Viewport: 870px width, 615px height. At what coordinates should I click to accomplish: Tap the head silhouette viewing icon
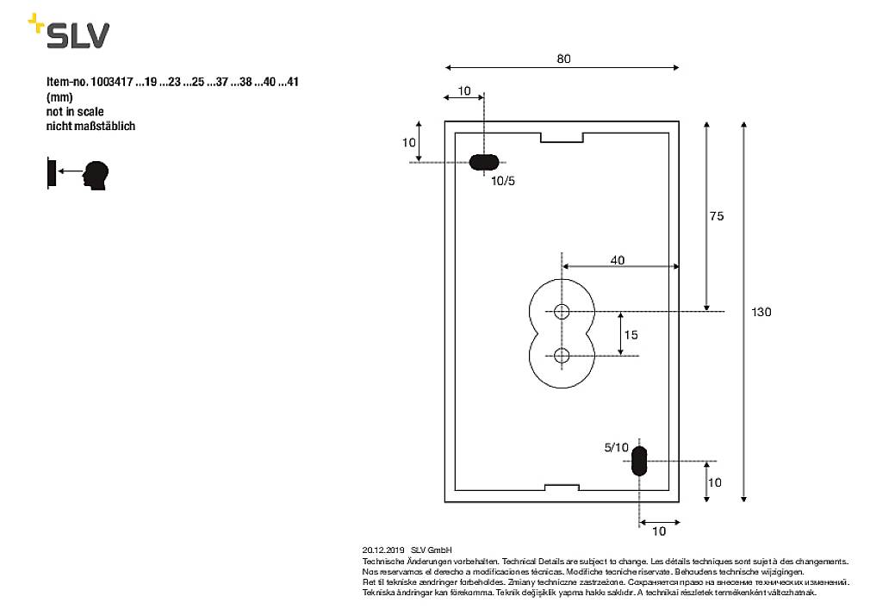click(x=96, y=175)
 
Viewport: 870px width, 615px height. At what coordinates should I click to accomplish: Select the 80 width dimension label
click(x=563, y=59)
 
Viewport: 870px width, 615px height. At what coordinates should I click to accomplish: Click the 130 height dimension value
click(x=761, y=312)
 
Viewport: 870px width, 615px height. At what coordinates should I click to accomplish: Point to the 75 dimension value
click(x=717, y=216)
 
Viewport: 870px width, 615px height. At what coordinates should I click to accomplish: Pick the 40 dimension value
click(x=618, y=259)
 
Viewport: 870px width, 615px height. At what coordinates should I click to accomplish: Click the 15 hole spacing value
click(x=631, y=334)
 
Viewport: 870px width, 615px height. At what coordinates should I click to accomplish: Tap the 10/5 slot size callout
click(x=503, y=181)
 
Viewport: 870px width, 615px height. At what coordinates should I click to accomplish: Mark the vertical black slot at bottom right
click(x=639, y=461)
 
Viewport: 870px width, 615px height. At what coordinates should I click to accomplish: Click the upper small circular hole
click(x=562, y=311)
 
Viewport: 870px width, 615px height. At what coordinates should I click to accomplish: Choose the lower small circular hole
click(x=562, y=355)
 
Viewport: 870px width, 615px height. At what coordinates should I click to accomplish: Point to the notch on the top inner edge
click(x=562, y=137)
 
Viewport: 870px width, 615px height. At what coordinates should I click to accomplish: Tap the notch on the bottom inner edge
click(x=562, y=488)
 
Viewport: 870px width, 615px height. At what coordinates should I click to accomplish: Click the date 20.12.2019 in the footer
click(x=383, y=550)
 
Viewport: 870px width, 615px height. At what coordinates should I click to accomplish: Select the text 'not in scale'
click(x=75, y=112)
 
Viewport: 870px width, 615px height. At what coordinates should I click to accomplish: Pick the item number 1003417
click(x=111, y=83)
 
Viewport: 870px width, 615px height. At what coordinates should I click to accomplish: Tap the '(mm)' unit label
click(x=59, y=97)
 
